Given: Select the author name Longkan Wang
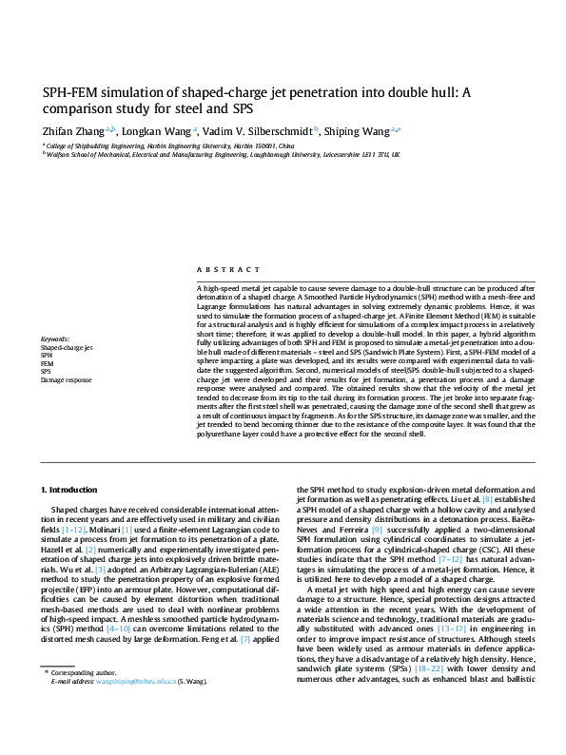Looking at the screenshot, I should (x=157, y=131).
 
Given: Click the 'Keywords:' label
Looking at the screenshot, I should (x=55, y=339).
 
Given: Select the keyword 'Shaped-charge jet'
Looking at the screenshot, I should (x=67, y=348).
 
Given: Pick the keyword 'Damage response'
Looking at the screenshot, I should (x=66, y=379).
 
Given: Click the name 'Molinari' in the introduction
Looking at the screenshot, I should (x=107, y=529).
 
